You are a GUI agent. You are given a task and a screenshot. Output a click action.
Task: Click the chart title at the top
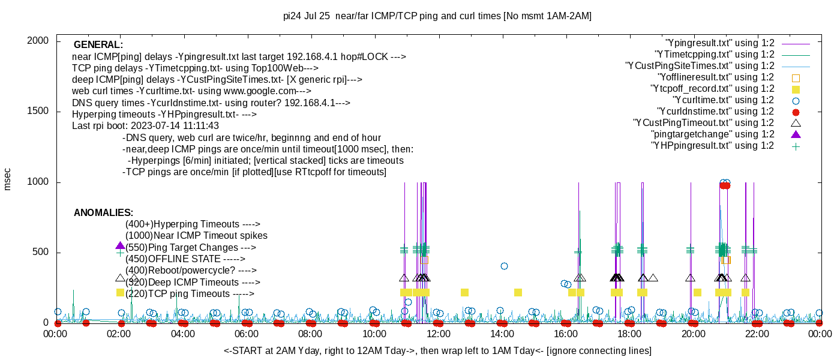(x=437, y=16)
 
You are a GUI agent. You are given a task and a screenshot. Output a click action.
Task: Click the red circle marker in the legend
(x=796, y=112)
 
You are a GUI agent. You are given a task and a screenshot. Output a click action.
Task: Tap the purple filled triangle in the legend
(x=796, y=134)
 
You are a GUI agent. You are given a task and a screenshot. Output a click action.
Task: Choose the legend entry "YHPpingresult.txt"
(x=713, y=146)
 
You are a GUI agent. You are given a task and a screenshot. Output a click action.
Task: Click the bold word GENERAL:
(x=98, y=45)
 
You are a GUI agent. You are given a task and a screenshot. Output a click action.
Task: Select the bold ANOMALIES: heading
(x=103, y=213)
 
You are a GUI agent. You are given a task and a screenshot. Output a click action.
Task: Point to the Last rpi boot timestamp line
(x=145, y=126)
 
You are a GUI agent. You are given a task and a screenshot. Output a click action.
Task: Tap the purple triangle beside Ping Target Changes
(x=120, y=246)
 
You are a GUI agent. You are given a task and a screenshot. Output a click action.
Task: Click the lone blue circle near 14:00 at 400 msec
(x=504, y=266)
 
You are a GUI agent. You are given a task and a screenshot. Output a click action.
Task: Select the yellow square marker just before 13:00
(x=464, y=293)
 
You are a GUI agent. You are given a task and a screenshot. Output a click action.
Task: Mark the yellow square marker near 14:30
(x=518, y=293)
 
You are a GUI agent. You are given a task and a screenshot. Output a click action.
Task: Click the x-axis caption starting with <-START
(x=437, y=350)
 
